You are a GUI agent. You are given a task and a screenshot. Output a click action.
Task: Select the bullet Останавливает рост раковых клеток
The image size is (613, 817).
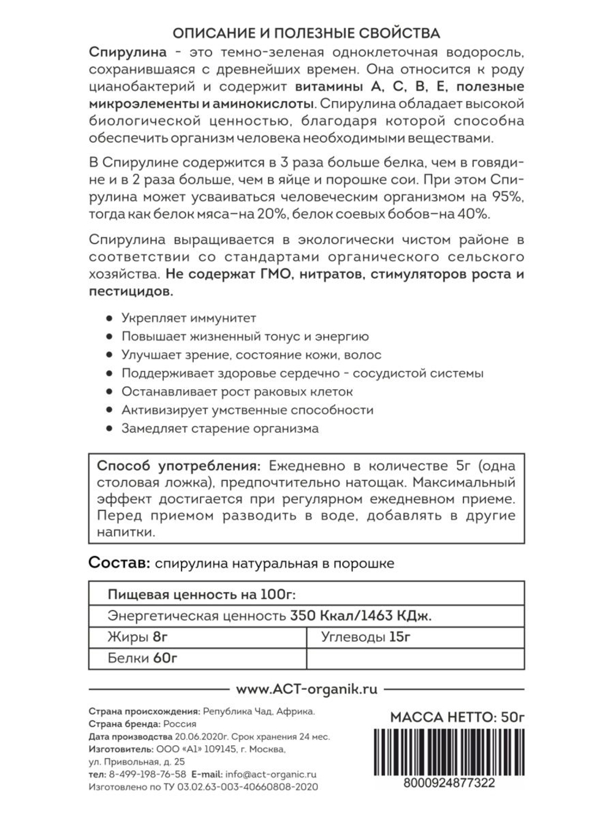pyautogui.click(x=237, y=392)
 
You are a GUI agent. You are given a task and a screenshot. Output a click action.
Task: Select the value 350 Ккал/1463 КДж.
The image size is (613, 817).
pyautogui.click(x=361, y=616)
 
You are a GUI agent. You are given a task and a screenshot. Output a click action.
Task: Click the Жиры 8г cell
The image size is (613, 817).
pyautogui.click(x=137, y=637)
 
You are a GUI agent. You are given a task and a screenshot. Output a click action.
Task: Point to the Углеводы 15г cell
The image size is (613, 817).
pyautogui.click(x=365, y=637)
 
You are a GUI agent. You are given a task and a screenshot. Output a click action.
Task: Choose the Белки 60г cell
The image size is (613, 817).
pyautogui.click(x=142, y=658)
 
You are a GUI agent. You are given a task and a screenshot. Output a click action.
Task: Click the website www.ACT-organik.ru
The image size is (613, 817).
pyautogui.click(x=306, y=690)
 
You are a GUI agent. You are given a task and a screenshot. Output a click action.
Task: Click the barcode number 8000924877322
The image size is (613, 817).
pyautogui.click(x=449, y=783)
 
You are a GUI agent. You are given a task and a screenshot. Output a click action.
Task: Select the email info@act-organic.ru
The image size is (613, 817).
pyautogui.click(x=270, y=774)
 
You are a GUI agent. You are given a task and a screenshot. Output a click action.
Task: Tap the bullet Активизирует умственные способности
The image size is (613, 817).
pyautogui.click(x=247, y=410)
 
